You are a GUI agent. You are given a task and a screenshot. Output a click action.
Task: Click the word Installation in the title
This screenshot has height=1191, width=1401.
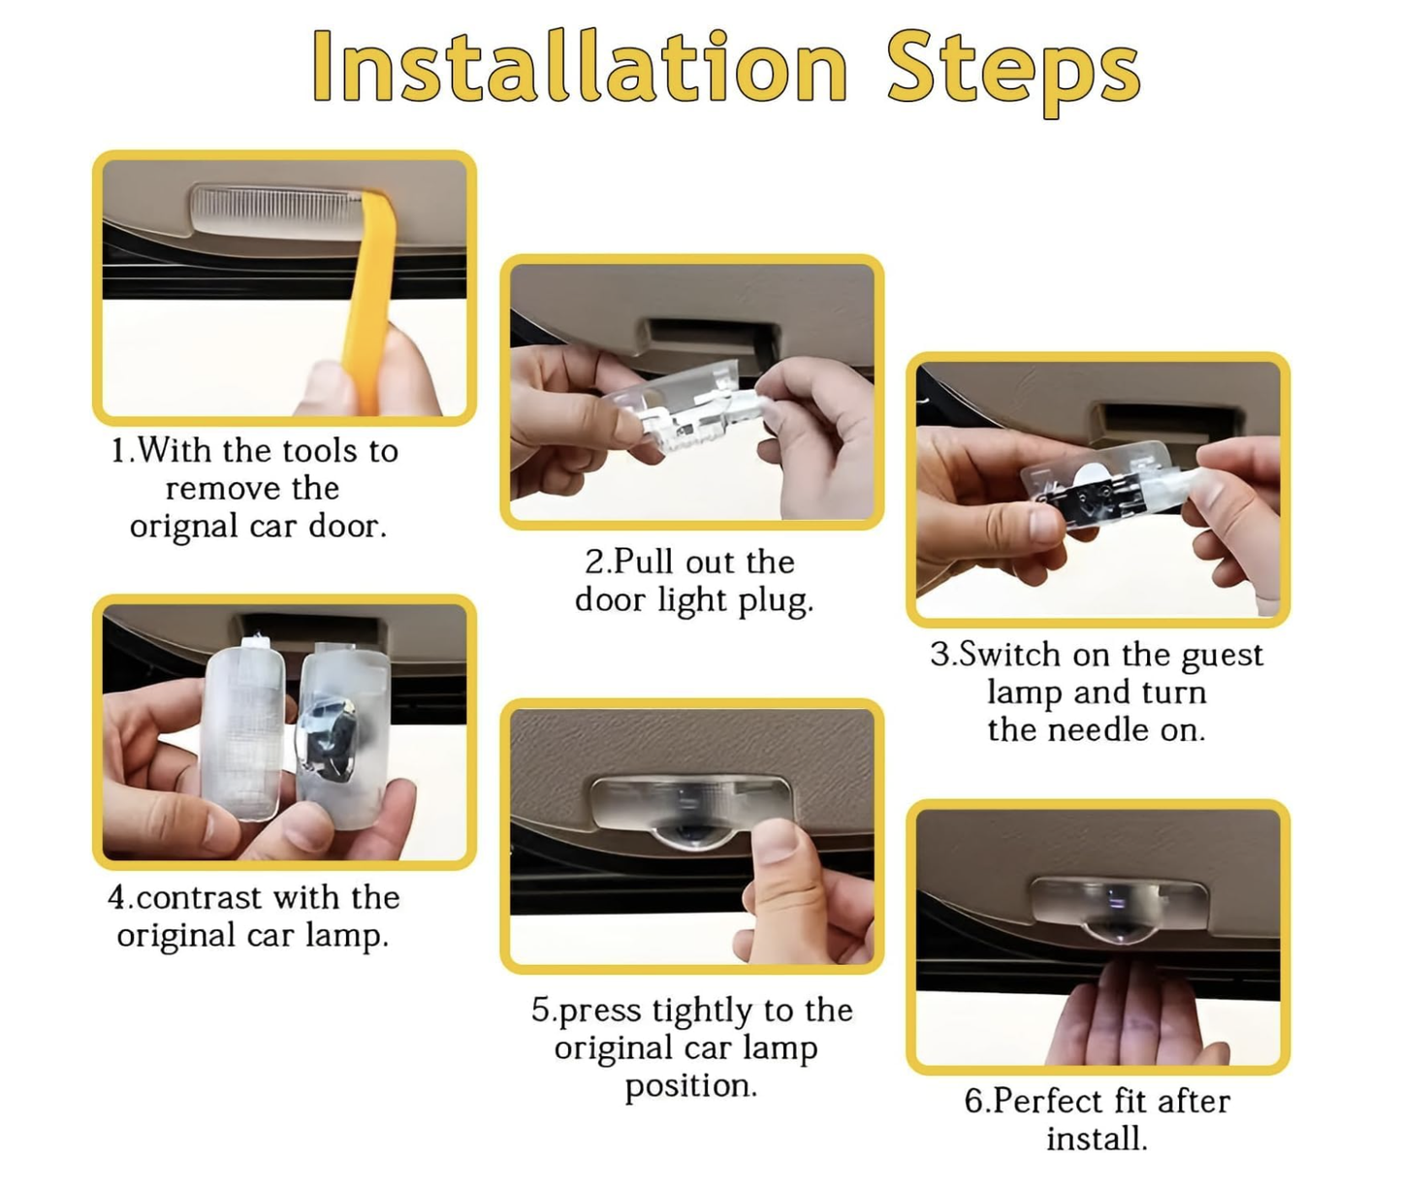[x=580, y=66]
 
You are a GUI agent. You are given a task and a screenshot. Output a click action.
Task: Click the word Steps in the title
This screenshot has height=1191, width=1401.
[x=1014, y=73]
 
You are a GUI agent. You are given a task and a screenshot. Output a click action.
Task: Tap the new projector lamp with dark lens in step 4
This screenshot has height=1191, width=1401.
[x=342, y=735]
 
